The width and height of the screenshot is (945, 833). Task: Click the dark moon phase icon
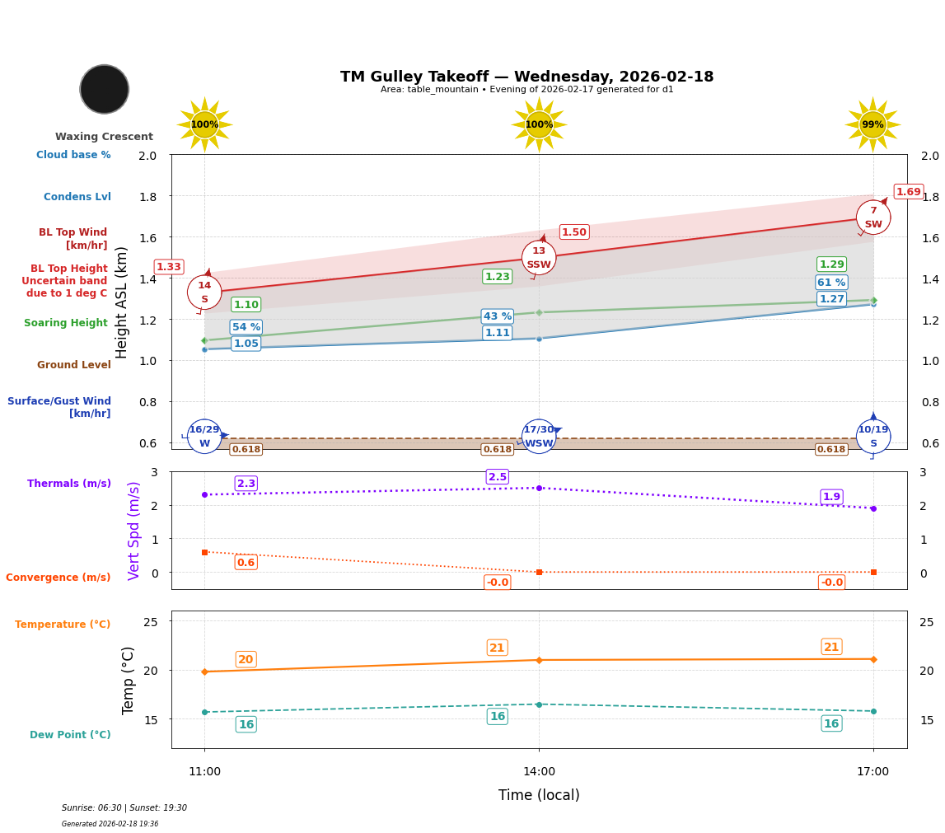pyautogui.click(x=105, y=89)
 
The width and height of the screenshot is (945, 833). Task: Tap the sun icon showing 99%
pyautogui.click(x=872, y=124)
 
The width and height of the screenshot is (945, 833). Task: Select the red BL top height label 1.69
pyautogui.click(x=908, y=192)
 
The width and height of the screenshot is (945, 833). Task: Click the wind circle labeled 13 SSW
pyautogui.click(x=539, y=258)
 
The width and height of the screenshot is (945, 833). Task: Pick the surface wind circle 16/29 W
pyautogui.click(x=204, y=437)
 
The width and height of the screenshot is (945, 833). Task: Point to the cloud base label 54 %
pyautogui.click(x=246, y=327)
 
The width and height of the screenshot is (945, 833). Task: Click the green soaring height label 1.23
pyautogui.click(x=497, y=277)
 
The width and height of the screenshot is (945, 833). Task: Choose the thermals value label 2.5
pyautogui.click(x=498, y=477)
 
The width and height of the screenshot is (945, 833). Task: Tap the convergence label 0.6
pyautogui.click(x=246, y=563)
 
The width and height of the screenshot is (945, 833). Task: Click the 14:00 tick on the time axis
pyautogui.click(x=539, y=772)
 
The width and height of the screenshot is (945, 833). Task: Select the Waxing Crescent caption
pyautogui.click(x=104, y=137)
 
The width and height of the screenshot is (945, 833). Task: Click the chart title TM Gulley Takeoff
pyautogui.click(x=526, y=77)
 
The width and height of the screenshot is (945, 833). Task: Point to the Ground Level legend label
pyautogui.click(x=74, y=365)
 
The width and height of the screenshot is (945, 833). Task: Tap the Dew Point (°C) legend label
pyautogui.click(x=70, y=735)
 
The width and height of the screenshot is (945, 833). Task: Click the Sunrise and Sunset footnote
pyautogui.click(x=124, y=808)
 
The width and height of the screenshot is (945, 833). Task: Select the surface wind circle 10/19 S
pyautogui.click(x=873, y=437)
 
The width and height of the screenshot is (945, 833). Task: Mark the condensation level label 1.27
pyautogui.click(x=831, y=299)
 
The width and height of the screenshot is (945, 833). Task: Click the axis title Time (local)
pyautogui.click(x=539, y=795)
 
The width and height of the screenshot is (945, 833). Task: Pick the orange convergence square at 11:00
pyautogui.click(x=204, y=552)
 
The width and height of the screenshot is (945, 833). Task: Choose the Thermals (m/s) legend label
pyautogui.click(x=69, y=484)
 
